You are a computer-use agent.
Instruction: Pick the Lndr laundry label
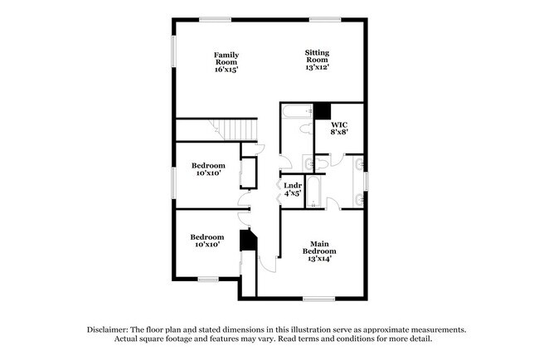click(x=292, y=185)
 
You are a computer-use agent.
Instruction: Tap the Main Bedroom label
click(x=319, y=246)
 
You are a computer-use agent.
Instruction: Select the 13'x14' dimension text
click(x=319, y=259)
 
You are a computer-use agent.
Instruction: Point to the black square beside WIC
click(x=323, y=111)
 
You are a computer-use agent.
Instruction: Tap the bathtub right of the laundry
click(x=313, y=191)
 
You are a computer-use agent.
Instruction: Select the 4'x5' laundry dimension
click(x=292, y=194)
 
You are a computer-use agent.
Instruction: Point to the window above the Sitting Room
click(x=321, y=19)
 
